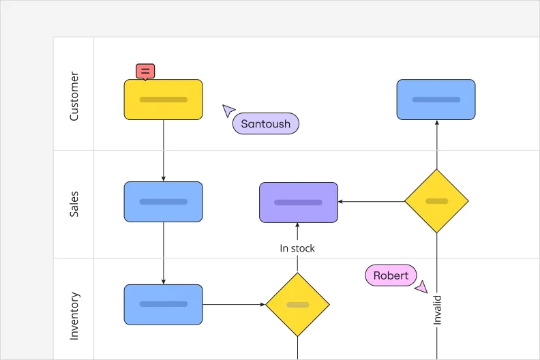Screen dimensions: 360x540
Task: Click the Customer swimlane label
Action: pos(74,96)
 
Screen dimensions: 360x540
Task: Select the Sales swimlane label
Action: pos(74,204)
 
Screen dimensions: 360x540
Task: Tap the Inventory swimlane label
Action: pos(74,316)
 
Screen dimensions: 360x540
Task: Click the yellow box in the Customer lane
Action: pos(163,100)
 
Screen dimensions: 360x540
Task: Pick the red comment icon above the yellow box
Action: pos(145,71)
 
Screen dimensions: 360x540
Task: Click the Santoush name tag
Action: pos(265,123)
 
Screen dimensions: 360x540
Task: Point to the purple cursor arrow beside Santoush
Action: pos(228,110)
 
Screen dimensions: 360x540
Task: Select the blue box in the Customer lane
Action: pos(436,100)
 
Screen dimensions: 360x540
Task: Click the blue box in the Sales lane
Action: pos(163,202)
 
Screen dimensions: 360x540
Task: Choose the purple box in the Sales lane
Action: pos(298,202)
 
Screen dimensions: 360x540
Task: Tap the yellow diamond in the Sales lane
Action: pos(436,201)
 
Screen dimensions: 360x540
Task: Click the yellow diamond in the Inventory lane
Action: pos(297,304)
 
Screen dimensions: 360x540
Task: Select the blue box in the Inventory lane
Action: pos(163,304)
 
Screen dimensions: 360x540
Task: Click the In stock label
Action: pos(297,248)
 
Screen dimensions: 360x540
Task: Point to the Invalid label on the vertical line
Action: pos(437,309)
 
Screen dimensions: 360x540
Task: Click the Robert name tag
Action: pos(391,275)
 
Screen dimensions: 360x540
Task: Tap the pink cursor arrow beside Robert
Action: pos(421,287)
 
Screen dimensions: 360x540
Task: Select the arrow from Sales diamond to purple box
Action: pos(372,201)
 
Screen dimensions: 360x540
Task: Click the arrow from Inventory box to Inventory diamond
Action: pos(234,304)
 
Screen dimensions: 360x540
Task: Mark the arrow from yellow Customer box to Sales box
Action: pos(163,151)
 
